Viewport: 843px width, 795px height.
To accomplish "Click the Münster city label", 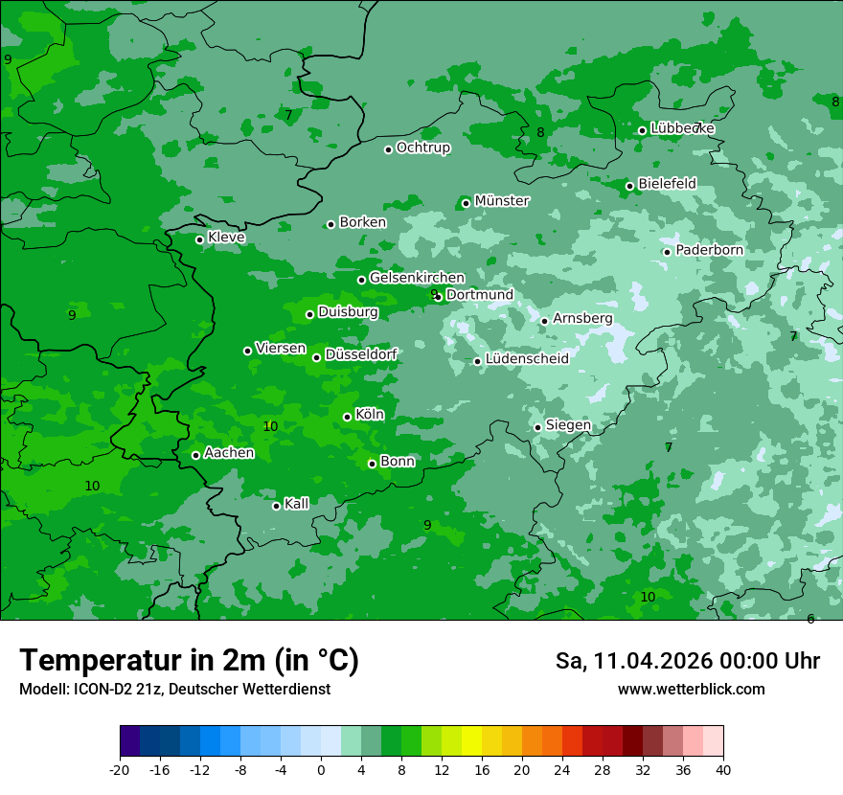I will [501, 201].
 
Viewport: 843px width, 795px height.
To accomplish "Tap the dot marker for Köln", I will [347, 417].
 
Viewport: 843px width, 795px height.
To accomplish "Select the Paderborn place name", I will [709, 250].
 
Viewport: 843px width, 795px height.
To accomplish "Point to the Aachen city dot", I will [195, 455].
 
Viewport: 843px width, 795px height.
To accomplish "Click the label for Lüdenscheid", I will [527, 359].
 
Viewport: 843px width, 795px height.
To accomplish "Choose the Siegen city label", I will [568, 425].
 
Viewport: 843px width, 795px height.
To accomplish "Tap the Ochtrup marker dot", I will [388, 149].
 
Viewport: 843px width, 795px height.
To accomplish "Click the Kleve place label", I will [226, 238].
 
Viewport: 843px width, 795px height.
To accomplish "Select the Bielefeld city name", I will [667, 183].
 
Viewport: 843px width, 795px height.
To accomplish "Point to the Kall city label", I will [297, 504].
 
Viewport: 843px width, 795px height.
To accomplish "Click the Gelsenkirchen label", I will [417, 278].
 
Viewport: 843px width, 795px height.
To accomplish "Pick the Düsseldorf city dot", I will [316, 357].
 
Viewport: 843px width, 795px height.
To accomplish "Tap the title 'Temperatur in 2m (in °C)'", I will [189, 661].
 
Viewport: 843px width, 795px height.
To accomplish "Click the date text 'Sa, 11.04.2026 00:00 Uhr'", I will [687, 661].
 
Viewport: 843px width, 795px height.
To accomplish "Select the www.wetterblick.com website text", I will [691, 690].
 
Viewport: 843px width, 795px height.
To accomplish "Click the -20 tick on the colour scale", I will [120, 769].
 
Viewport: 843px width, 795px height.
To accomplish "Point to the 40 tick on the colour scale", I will [723, 769].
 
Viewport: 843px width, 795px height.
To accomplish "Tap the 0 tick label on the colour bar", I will [321, 769].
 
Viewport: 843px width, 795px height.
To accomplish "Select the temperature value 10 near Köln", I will [270, 426].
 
